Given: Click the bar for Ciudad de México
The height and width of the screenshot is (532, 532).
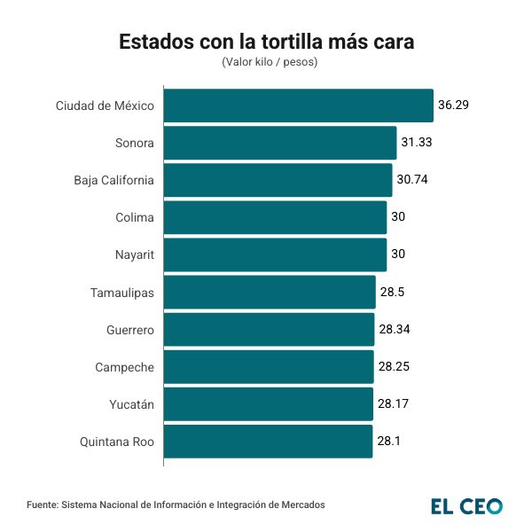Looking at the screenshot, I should (x=298, y=106).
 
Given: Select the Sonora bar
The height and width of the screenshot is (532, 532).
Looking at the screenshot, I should (x=279, y=143).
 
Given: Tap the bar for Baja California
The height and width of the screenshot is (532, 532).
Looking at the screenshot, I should (x=278, y=180).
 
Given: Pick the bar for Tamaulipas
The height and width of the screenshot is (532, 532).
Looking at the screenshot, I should (x=270, y=292).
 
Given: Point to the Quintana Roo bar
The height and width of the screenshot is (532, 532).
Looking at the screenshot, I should (x=268, y=441).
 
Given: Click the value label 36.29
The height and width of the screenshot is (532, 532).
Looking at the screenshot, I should (x=453, y=106).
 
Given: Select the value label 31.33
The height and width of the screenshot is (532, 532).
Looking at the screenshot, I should (x=417, y=143).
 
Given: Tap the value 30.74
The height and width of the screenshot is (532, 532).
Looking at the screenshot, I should (x=412, y=180).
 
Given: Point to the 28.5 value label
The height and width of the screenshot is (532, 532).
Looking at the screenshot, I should (x=392, y=292).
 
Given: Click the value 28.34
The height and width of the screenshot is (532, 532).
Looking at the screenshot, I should (x=394, y=329).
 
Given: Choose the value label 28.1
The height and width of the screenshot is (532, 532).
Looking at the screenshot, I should (x=389, y=441).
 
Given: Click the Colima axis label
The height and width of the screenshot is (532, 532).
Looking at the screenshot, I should (x=135, y=217).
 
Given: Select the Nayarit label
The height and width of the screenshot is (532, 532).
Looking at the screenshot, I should (x=134, y=254).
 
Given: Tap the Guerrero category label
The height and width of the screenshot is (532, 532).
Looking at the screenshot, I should (x=130, y=329).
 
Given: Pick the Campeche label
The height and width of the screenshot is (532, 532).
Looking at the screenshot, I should (x=125, y=366).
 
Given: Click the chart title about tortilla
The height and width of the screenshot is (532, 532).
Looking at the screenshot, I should (x=266, y=42).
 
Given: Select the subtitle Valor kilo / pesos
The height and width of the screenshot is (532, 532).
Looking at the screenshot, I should (x=266, y=62).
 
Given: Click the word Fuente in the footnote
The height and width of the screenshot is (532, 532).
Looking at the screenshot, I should (x=42, y=505).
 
